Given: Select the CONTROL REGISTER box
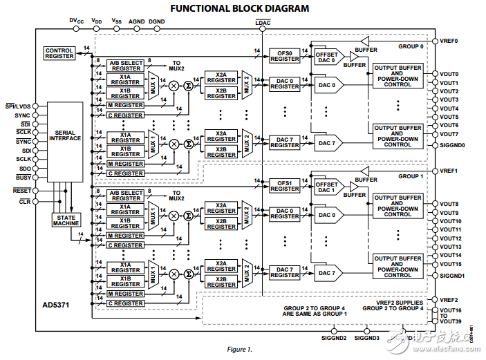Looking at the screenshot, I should tap(59, 53).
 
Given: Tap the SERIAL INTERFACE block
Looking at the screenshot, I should tap(65, 135).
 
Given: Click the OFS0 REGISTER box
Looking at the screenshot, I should tap(284, 56).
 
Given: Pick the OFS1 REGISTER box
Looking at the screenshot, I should tap(284, 186).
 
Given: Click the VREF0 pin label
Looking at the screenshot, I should tap(449, 41).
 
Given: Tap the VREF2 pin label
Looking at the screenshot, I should tap(449, 300).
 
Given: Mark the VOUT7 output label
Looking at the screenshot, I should tap(449, 134).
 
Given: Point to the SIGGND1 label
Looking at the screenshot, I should tap(453, 276).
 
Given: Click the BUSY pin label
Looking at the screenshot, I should tap(24, 178).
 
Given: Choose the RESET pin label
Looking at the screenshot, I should tap(22, 190).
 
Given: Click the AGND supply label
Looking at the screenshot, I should tap(137, 21).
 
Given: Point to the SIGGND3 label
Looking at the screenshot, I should tap(366, 338).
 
